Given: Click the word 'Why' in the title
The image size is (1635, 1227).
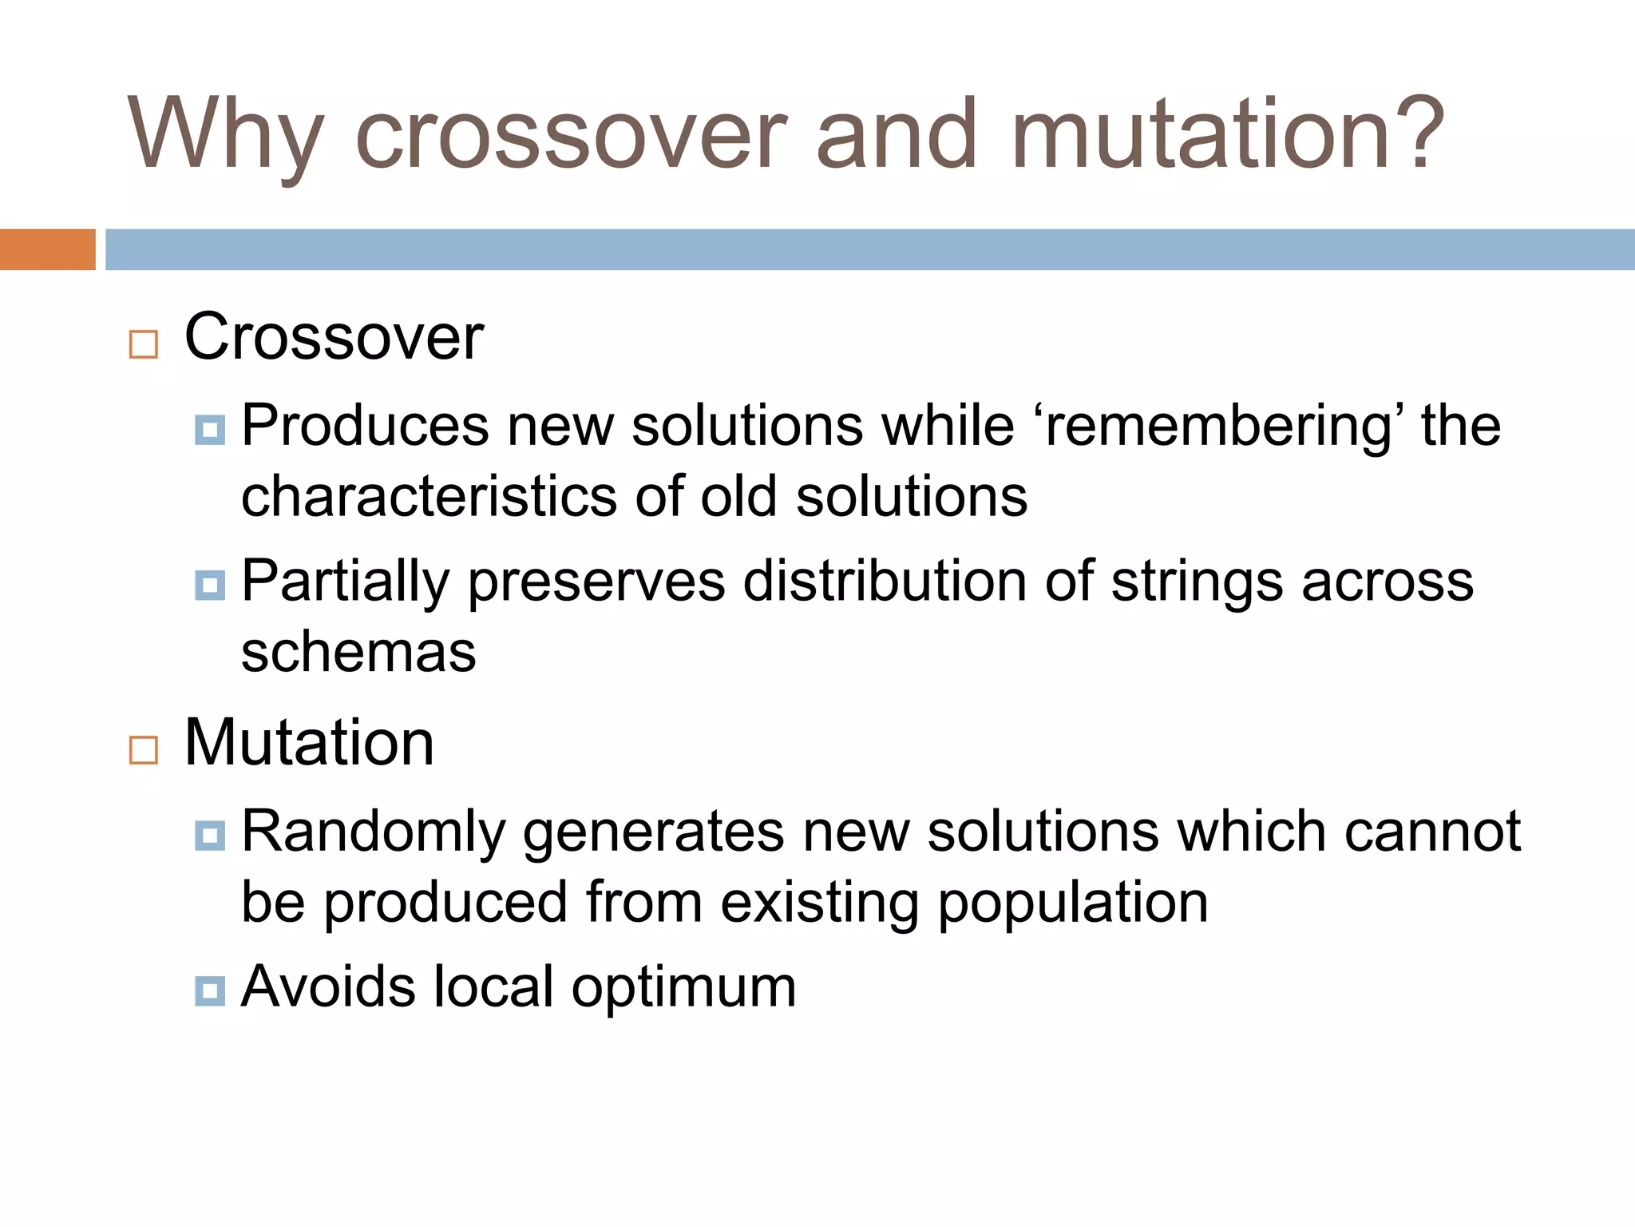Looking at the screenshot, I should (x=225, y=134).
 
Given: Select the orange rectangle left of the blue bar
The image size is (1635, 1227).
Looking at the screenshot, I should (x=47, y=249).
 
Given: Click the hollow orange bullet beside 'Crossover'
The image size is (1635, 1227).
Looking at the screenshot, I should (x=144, y=345).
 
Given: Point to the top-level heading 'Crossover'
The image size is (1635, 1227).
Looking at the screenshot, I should (x=334, y=337).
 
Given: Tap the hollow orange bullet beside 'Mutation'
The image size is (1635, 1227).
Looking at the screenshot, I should (x=144, y=751).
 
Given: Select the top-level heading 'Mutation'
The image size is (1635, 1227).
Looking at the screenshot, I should (x=309, y=743).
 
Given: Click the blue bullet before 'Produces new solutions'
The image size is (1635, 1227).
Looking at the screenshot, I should (x=210, y=431).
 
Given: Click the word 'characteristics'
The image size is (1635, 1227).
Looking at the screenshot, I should (x=429, y=497).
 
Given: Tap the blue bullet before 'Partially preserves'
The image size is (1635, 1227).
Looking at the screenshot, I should (x=210, y=586).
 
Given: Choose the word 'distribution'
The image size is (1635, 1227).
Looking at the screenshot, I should (x=885, y=582).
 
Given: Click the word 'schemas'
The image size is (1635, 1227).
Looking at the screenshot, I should (x=358, y=653).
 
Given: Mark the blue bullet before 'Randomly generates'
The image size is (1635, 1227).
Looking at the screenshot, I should (x=210, y=836).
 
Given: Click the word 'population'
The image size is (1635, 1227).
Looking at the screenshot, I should (x=1072, y=904).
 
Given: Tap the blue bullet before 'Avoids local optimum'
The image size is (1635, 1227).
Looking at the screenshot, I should (x=210, y=991).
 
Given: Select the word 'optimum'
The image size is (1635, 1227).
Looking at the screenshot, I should (x=683, y=988).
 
